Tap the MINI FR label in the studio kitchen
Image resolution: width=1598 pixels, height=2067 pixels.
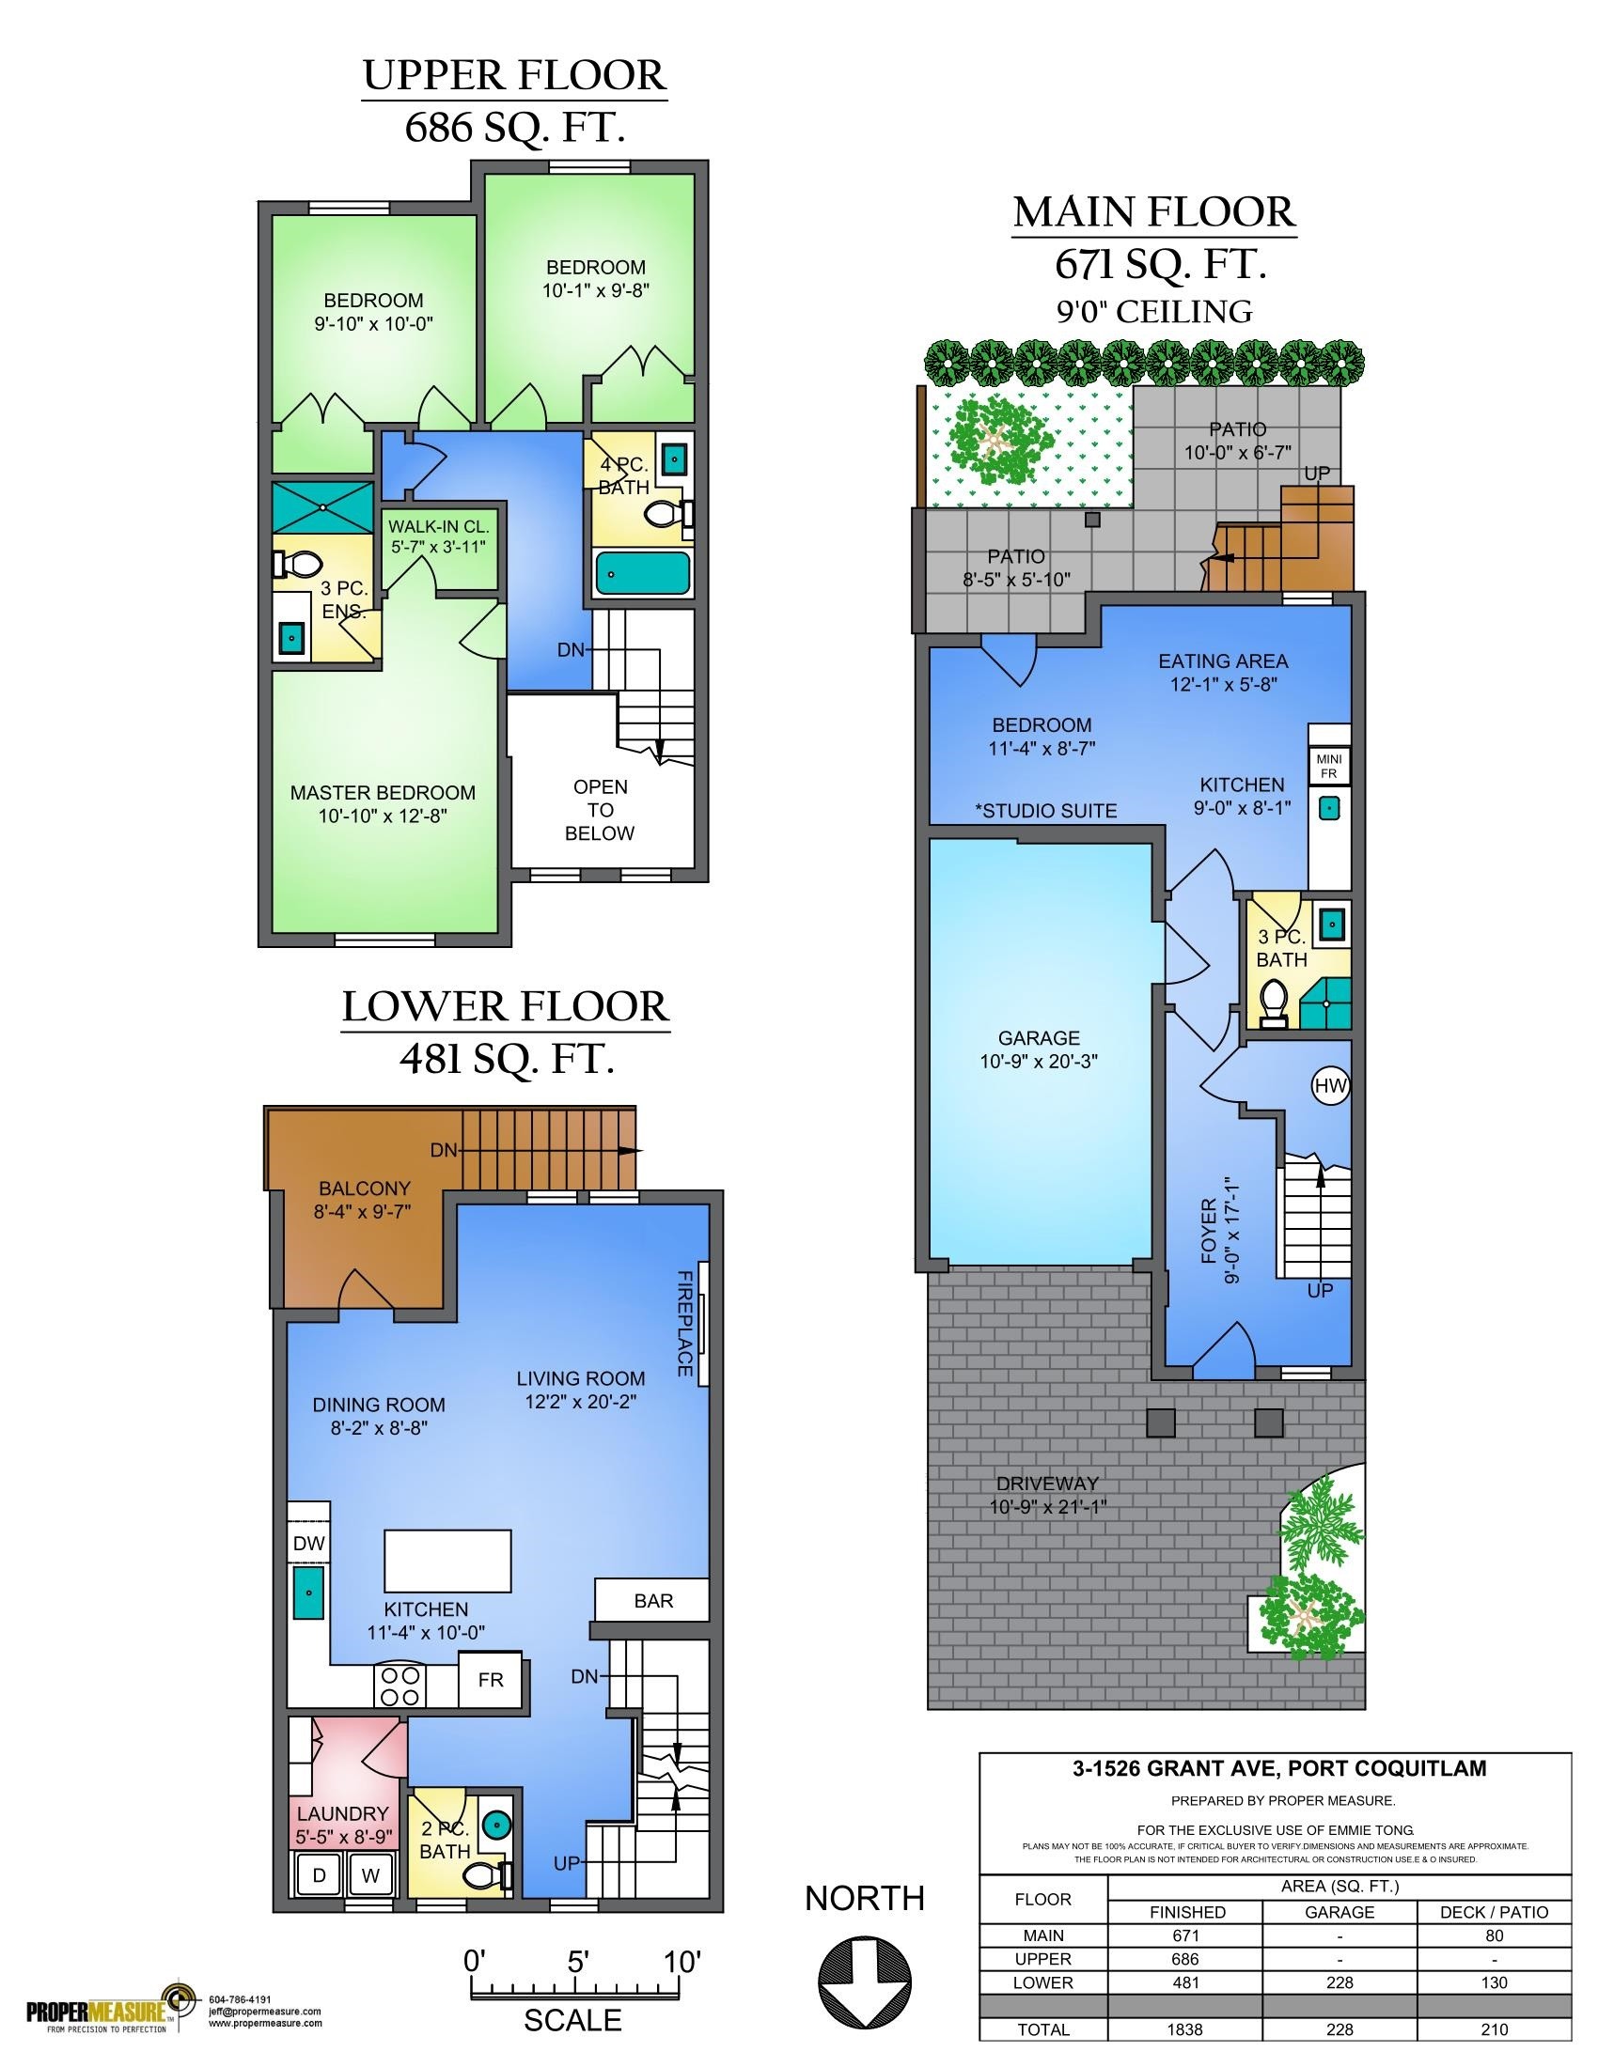point(1329,767)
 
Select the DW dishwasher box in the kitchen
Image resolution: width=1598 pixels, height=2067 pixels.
point(309,1543)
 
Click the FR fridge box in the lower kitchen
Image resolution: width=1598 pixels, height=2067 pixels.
point(491,1680)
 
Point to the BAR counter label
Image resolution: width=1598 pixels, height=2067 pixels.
point(653,1600)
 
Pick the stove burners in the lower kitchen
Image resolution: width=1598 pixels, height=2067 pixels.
point(400,1686)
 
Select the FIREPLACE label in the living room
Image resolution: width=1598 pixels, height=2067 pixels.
point(684,1323)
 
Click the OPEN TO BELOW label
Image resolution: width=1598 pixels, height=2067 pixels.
point(601,810)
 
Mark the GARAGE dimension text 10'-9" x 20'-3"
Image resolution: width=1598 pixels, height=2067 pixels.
point(1039,1062)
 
